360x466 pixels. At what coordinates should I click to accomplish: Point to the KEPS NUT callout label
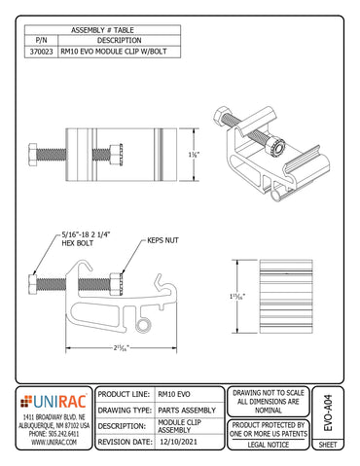162,238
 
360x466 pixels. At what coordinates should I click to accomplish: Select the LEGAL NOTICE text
270,444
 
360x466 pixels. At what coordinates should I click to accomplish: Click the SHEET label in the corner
329,445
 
